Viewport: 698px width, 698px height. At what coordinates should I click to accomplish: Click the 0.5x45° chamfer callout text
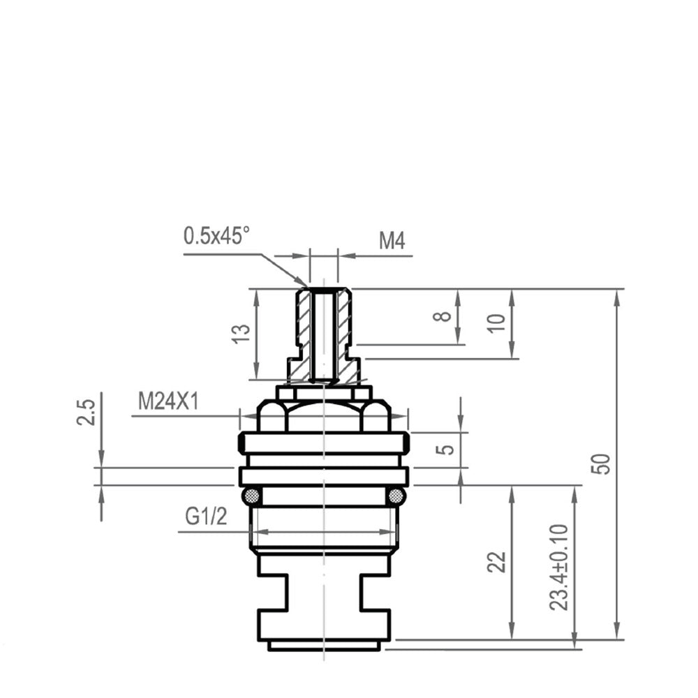click(217, 235)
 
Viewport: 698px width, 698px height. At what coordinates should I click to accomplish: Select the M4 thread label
click(392, 242)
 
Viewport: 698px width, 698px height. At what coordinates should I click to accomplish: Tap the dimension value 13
click(242, 334)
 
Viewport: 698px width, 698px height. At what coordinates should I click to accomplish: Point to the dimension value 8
click(442, 316)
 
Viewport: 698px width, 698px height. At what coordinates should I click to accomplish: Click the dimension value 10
click(497, 322)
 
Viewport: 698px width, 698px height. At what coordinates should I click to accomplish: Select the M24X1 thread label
click(168, 401)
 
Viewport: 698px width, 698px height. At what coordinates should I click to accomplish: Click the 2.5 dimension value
click(86, 413)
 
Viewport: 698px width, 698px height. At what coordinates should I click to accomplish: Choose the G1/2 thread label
click(206, 517)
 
